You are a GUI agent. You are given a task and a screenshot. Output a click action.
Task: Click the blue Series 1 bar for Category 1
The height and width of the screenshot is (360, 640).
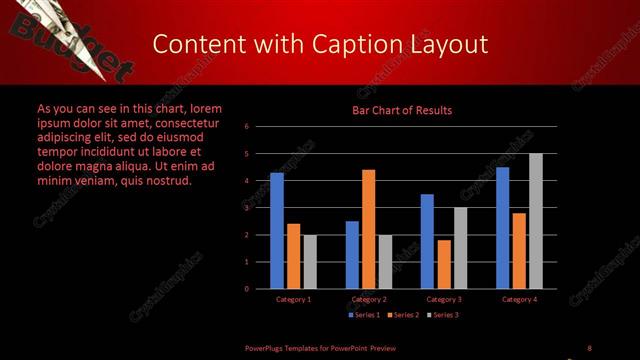[x=277, y=230]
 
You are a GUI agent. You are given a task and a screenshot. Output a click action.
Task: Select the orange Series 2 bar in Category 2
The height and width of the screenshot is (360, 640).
[x=368, y=229]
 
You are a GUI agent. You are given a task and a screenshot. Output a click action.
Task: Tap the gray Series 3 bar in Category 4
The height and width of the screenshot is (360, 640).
[x=536, y=221]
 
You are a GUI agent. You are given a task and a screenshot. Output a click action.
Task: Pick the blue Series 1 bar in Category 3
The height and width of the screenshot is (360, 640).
[x=427, y=241]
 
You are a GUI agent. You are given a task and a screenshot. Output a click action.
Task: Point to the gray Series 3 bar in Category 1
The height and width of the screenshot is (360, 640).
[x=310, y=261]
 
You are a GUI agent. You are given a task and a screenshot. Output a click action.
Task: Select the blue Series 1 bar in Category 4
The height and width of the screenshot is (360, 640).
[x=502, y=227]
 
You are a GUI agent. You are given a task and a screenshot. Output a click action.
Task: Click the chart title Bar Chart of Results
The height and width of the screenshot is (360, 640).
[x=401, y=110]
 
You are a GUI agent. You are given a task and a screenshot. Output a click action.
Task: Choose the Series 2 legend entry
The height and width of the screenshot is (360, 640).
[x=403, y=315]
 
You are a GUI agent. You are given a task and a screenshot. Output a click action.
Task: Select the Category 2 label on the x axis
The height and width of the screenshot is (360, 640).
[x=368, y=299]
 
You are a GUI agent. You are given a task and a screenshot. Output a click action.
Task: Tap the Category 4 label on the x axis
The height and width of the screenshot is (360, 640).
[x=518, y=299]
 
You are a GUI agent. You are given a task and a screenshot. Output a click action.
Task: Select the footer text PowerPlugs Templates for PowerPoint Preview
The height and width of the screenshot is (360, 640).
[x=321, y=347]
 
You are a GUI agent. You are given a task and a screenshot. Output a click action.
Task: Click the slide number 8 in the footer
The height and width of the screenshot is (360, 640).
[x=589, y=347]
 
